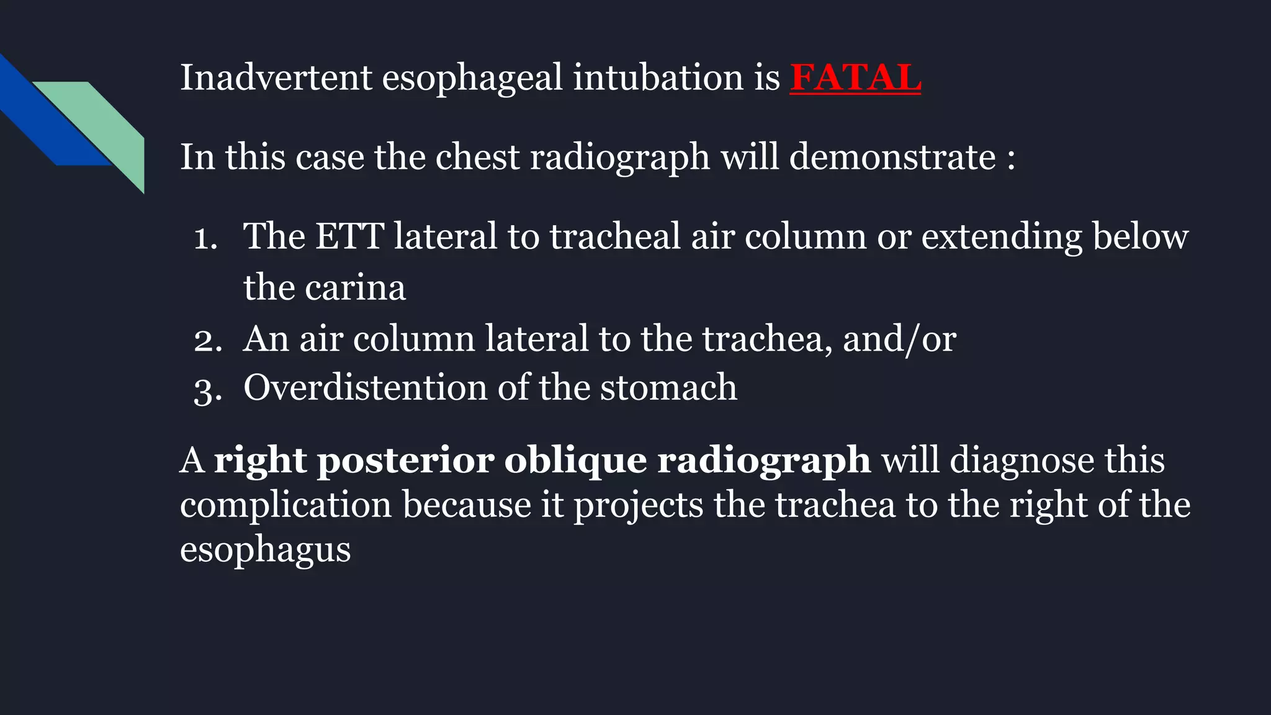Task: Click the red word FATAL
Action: click(x=855, y=78)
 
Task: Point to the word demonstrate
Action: click(x=892, y=157)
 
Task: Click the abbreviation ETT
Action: click(x=349, y=237)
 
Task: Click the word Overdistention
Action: click(x=365, y=388)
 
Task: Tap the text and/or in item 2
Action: click(x=899, y=340)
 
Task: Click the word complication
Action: click(x=285, y=506)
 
